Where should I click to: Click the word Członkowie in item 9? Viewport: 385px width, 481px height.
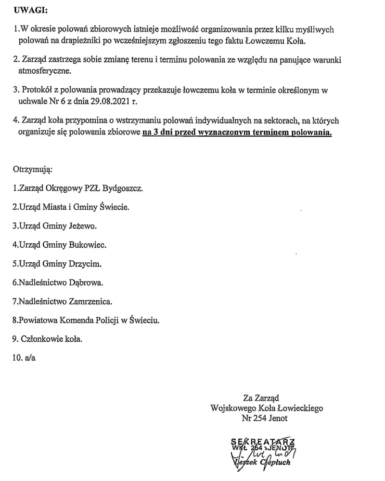point(40,339)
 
